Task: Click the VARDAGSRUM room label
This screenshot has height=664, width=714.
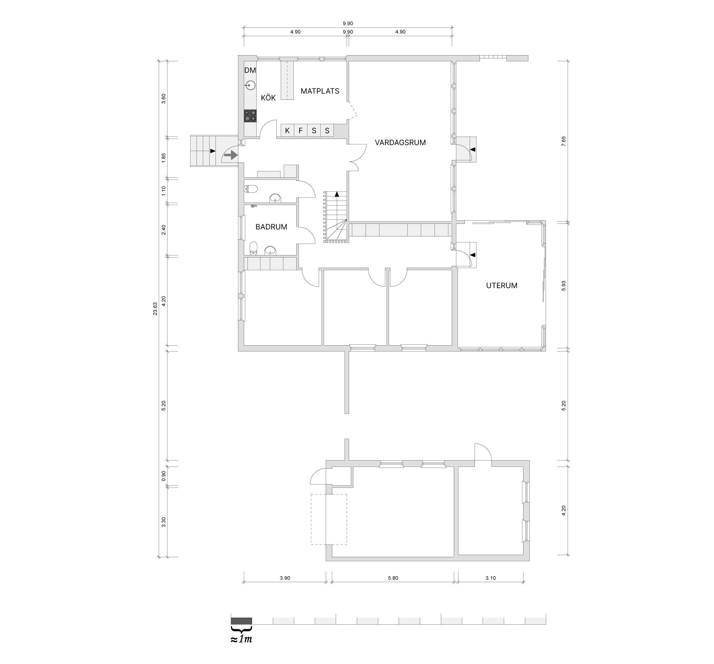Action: click(400, 143)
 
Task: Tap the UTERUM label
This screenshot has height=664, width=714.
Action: click(502, 286)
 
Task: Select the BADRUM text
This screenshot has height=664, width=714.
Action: click(271, 227)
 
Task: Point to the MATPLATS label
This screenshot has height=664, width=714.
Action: click(320, 91)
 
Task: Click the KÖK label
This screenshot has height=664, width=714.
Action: click(268, 98)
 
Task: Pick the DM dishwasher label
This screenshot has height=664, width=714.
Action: click(250, 70)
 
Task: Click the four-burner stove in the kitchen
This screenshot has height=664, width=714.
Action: click(250, 116)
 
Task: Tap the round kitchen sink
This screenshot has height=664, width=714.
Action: click(250, 85)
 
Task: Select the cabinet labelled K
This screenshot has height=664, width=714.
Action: click(287, 131)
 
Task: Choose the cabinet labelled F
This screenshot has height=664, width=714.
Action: click(301, 131)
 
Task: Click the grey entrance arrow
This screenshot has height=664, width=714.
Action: click(231, 155)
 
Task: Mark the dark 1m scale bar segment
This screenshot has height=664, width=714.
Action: click(242, 620)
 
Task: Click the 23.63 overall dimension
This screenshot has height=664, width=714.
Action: click(155, 309)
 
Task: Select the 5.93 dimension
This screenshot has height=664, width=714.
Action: click(564, 285)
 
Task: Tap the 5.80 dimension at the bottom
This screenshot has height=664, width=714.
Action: click(393, 578)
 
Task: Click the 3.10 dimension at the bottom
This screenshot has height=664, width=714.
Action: click(491, 578)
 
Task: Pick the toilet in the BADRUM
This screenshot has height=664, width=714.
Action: click(253, 248)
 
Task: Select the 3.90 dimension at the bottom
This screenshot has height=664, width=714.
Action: click(285, 578)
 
